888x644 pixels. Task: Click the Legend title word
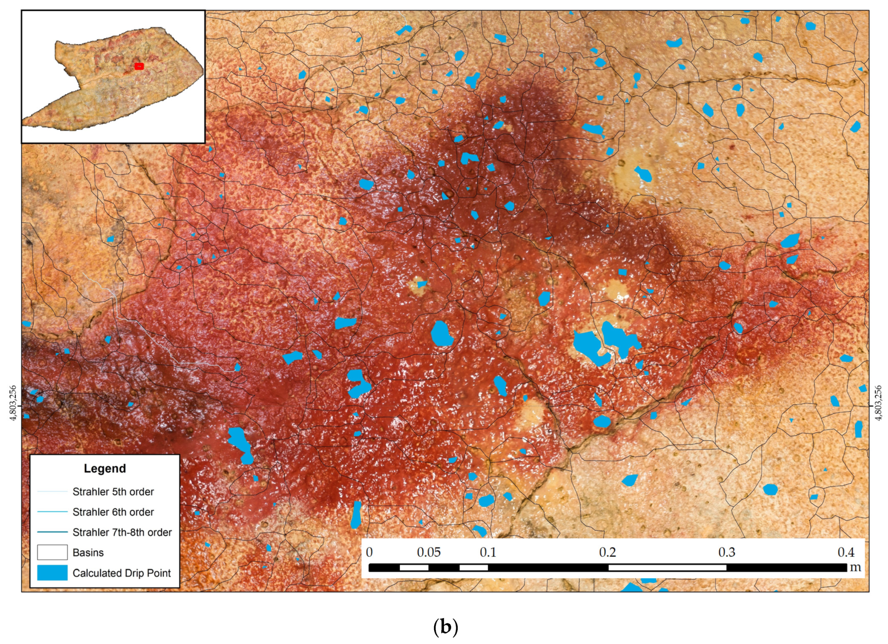click(105, 468)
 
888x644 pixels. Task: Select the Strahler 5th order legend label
click(113, 492)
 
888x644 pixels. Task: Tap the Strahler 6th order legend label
click(113, 512)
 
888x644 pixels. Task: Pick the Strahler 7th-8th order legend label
click(122, 532)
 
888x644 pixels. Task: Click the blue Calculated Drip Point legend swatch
click(53, 573)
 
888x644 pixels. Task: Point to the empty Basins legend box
click(53, 552)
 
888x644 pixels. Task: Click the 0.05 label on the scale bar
click(429, 552)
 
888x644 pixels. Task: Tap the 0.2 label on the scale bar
click(607, 552)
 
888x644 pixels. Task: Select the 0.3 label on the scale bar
click(727, 552)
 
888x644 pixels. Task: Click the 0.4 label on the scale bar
click(846, 552)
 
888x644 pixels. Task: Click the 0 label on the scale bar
click(369, 552)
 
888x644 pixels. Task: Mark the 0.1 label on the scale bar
click(488, 552)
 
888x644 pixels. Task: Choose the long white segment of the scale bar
click(667, 568)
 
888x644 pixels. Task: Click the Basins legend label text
click(88, 553)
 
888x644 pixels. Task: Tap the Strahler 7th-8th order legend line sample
click(53, 532)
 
